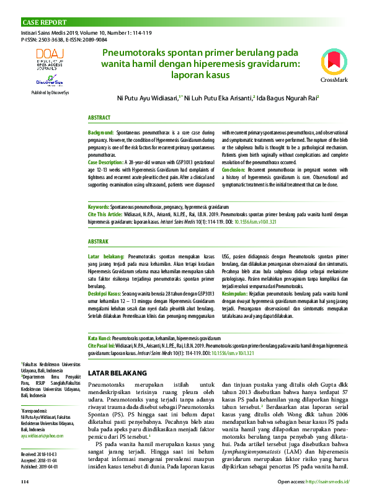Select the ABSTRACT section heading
click(99, 118)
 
